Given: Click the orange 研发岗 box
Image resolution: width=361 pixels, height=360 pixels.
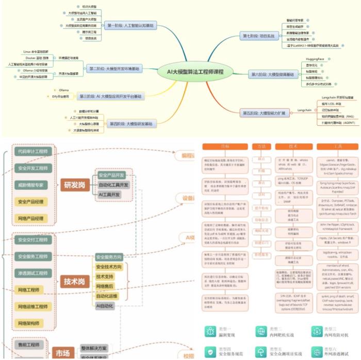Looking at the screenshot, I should click(74, 185).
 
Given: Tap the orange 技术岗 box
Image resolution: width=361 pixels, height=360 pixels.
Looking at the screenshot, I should click(74, 282).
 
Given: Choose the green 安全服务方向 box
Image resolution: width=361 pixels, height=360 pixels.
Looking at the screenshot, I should click(109, 257).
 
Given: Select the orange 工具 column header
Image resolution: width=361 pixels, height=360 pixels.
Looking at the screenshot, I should click(338, 146).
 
